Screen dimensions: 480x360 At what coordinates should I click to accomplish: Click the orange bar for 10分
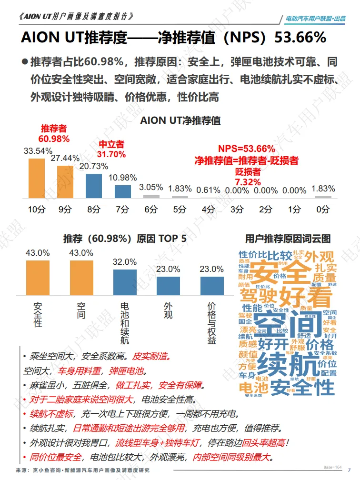[36, 178]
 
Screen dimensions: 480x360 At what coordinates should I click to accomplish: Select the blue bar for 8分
[94, 186]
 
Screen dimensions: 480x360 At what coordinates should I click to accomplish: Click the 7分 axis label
[122, 210]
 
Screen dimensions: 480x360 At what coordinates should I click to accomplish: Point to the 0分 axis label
[323, 210]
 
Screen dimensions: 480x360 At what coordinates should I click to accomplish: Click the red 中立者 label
[111, 144]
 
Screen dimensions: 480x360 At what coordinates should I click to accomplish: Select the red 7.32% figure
[248, 182]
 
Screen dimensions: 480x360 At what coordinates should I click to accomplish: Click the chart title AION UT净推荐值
[180, 120]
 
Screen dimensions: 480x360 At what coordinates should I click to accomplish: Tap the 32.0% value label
[125, 262]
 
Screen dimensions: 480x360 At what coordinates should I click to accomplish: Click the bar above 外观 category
[168, 286]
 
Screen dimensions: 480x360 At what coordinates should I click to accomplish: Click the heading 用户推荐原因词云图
[288, 239]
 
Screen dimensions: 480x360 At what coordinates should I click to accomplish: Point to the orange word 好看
[306, 297]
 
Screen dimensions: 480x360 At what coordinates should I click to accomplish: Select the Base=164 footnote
[332, 467]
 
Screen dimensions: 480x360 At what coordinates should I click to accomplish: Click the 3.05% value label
[151, 187]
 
